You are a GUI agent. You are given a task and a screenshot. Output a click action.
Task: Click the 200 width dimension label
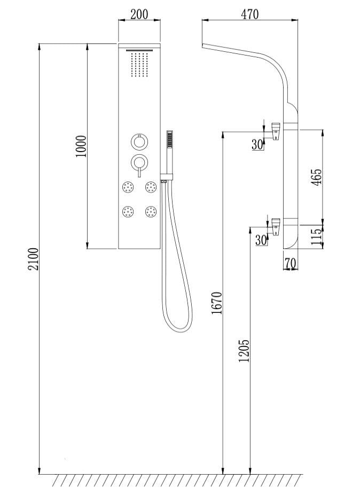(x=139, y=14)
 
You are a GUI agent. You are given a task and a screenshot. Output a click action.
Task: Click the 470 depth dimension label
(x=249, y=14)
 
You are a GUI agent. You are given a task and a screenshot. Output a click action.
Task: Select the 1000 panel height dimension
(x=81, y=146)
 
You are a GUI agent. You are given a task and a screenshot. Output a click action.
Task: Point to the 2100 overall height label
(x=33, y=258)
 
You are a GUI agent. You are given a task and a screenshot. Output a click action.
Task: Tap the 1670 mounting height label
(x=216, y=303)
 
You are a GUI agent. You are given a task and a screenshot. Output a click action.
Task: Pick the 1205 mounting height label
(x=244, y=351)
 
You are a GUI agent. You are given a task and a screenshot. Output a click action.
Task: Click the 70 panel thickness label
(x=291, y=263)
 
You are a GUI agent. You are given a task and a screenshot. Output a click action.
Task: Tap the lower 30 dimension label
(x=261, y=240)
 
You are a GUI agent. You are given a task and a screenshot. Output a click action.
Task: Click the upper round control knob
(x=138, y=142)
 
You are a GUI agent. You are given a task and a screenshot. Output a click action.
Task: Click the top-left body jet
(x=128, y=187)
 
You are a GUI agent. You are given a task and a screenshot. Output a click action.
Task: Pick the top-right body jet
(x=151, y=187)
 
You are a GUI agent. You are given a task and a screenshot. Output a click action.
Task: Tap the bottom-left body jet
(x=128, y=212)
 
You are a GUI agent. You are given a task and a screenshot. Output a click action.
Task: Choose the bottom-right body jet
(x=151, y=212)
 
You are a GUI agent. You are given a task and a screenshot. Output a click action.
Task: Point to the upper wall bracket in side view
(x=276, y=130)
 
